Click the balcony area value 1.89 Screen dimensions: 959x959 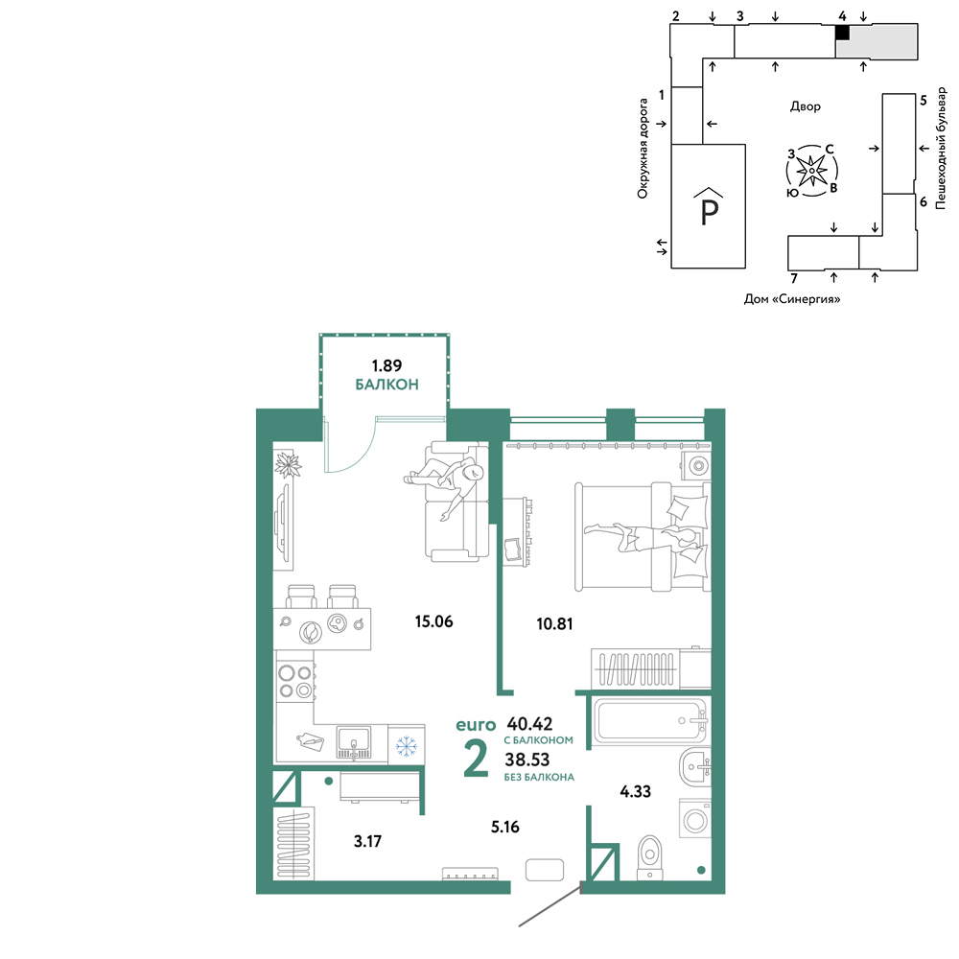coord(386,365)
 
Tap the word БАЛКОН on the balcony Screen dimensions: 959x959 coord(387,385)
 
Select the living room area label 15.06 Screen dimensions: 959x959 coord(433,622)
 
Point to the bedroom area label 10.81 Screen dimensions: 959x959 coord(554,624)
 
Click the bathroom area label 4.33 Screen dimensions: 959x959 coord(636,791)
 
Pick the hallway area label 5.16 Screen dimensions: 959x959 coord(505,827)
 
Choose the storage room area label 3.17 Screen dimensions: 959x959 coord(367,842)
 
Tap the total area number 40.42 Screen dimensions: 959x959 coord(529,724)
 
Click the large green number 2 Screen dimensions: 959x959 coord(476,759)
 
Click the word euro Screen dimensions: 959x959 coord(476,725)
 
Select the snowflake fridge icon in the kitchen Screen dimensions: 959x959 coord(406,745)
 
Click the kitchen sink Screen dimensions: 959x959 coord(354,742)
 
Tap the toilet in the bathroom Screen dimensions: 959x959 coord(649,857)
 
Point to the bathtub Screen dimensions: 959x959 coord(649,721)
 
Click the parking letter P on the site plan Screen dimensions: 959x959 coord(709,212)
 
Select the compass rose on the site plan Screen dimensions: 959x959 coord(811,171)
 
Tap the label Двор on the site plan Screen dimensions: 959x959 coord(806,106)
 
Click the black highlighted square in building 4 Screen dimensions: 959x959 coord(843,33)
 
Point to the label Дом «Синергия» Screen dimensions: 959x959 coord(792,299)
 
